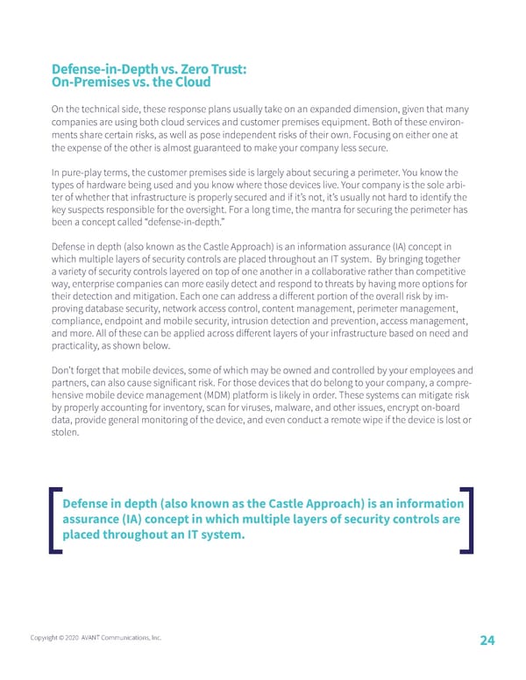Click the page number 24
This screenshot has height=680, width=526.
coord(487,641)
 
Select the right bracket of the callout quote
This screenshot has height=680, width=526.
coord(466,520)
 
